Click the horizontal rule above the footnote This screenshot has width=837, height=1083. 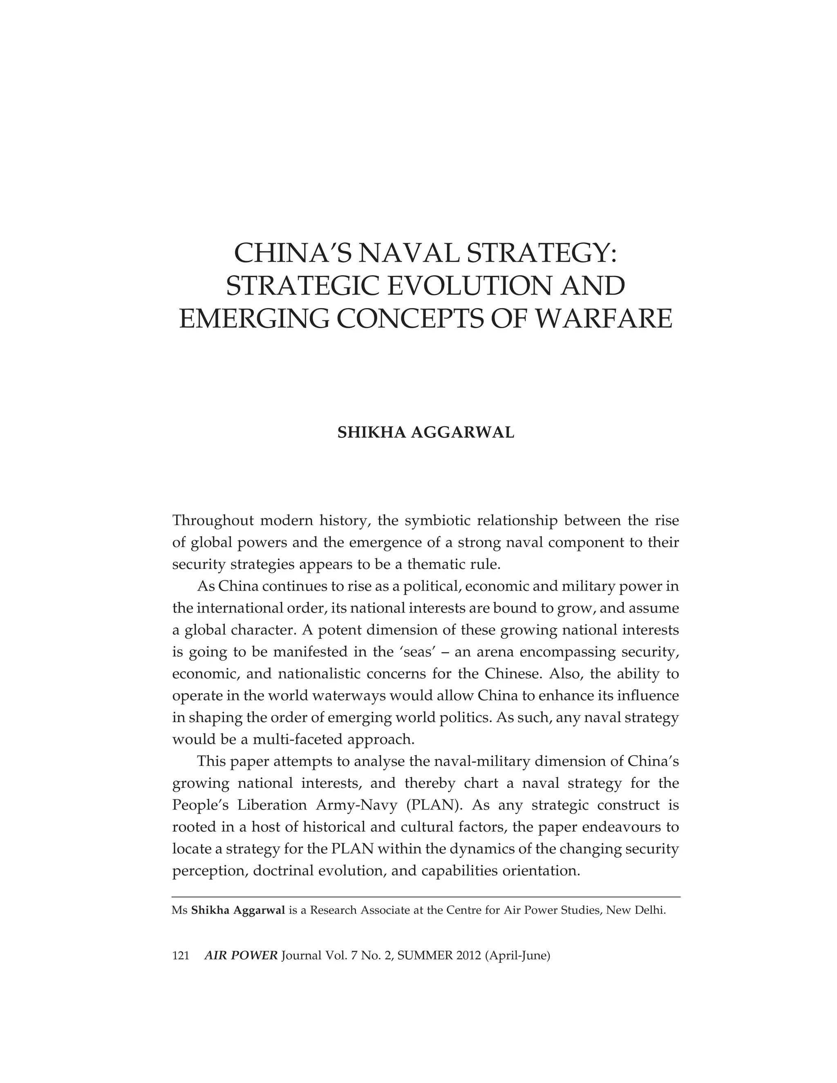[x=425, y=897]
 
